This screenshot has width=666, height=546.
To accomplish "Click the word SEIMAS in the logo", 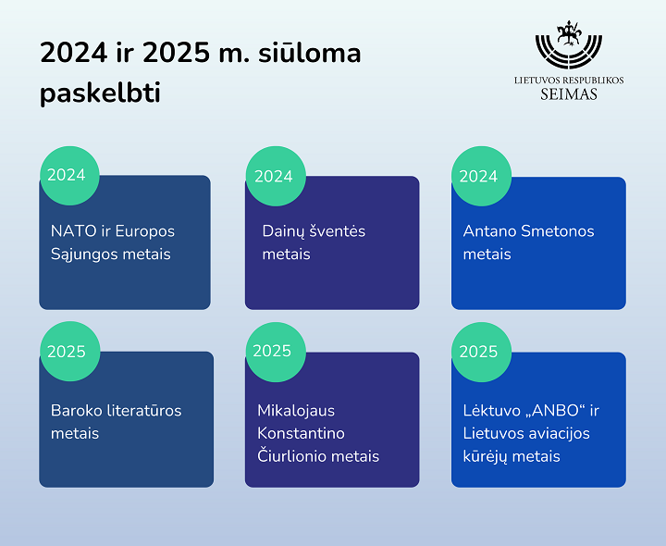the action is click(x=569, y=93).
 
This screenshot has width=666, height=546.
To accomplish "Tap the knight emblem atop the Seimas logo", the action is click(x=568, y=33).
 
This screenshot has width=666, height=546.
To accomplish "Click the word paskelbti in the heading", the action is click(x=100, y=93).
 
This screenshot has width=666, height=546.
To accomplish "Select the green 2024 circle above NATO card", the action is click(x=69, y=176).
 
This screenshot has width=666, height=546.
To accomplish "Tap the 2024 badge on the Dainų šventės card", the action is click(x=276, y=177).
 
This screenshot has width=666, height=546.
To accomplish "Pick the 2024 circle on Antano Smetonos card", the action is click(x=481, y=177).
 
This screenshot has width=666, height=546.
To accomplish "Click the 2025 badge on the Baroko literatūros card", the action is click(x=70, y=352).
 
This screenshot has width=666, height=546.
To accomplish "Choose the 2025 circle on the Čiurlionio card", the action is click(x=276, y=352).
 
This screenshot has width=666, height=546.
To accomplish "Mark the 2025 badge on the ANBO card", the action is click(x=481, y=352).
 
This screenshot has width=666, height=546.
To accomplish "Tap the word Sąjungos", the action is click(x=84, y=254).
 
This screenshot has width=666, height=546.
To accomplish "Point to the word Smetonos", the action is click(x=557, y=231).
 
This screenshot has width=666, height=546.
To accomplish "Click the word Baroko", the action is click(x=77, y=411).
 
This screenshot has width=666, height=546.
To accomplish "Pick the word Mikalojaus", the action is click(x=296, y=411).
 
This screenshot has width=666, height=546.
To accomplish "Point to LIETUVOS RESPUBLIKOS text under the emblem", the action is click(x=569, y=81).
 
